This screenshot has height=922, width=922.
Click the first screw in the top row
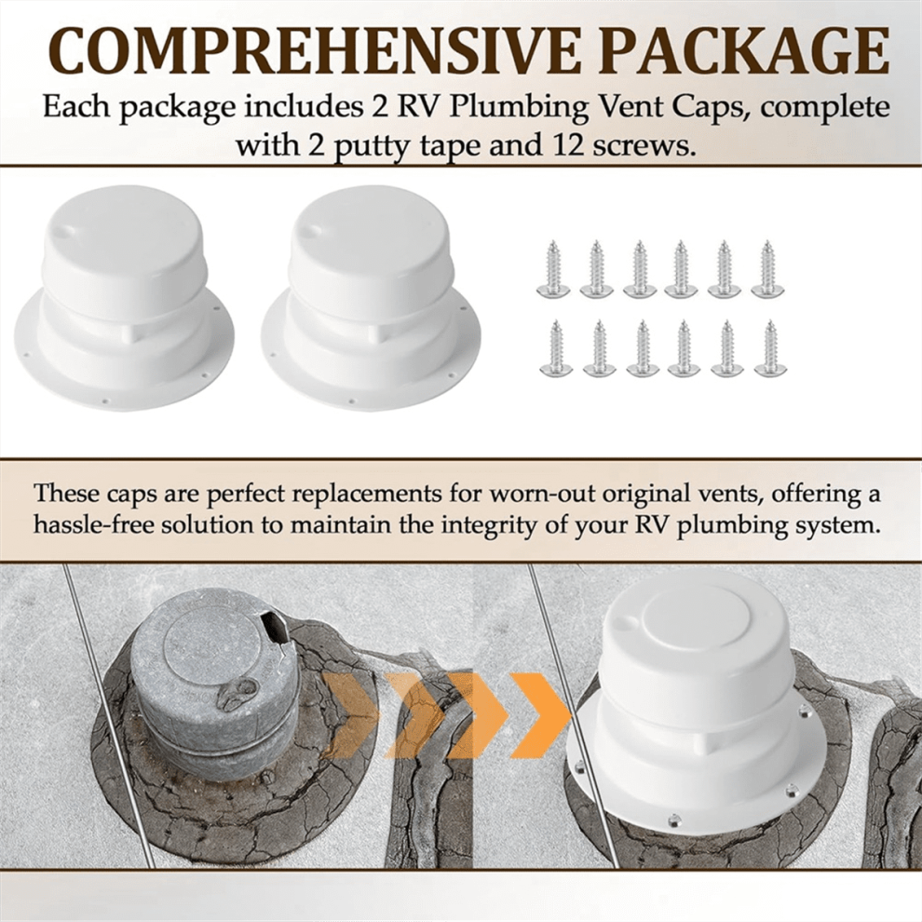click(x=551, y=267)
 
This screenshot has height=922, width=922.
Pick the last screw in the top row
click(x=766, y=267)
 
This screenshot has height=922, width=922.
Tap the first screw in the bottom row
click(x=553, y=347)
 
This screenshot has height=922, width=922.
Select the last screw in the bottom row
click(x=768, y=347)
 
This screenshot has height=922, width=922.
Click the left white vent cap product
click(x=128, y=301)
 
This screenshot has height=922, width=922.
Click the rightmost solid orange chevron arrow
click(x=539, y=714)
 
